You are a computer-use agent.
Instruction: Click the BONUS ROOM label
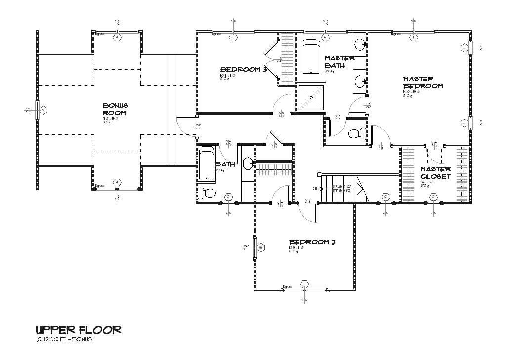[x=115, y=109]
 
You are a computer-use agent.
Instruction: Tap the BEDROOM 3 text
[x=244, y=69]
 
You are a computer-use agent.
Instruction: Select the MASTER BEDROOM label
[x=423, y=82]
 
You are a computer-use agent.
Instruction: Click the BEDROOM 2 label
[x=312, y=242]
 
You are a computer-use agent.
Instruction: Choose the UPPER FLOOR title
[x=78, y=329]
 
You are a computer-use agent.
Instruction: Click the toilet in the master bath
[x=356, y=133]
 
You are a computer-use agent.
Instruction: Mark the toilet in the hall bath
[x=208, y=192]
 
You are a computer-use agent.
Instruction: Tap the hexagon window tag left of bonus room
[x=43, y=110]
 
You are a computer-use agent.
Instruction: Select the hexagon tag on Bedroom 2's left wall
[x=261, y=247]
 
